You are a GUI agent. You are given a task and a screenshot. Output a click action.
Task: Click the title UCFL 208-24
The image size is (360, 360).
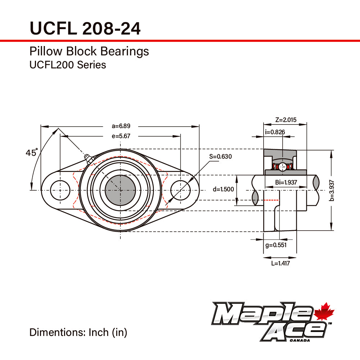[x=85, y=28]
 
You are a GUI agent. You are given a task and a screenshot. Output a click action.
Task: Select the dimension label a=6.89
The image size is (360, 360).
[x=121, y=126]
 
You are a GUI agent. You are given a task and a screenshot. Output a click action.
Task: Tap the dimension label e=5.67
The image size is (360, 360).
[x=121, y=136]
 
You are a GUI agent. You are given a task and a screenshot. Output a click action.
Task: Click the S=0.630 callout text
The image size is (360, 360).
[x=220, y=156]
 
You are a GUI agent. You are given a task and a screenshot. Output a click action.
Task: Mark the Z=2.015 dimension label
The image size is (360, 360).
[x=286, y=120]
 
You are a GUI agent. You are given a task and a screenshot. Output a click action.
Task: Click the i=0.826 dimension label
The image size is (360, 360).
[x=275, y=132]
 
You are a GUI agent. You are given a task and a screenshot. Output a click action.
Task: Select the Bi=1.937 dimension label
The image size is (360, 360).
[x=286, y=182]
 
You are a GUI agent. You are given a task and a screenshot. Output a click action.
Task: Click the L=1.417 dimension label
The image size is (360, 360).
[x=280, y=263]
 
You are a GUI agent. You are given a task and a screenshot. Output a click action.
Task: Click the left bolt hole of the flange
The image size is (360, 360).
[x=60, y=190]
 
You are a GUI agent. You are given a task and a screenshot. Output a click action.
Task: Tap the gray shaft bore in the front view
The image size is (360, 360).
[x=120, y=190]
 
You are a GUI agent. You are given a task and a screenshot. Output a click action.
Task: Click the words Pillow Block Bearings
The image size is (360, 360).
[x=89, y=51]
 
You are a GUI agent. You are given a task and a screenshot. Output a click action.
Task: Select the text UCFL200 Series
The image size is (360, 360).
[x=68, y=65]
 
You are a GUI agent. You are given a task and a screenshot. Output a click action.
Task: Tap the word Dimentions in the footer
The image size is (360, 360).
[x=57, y=332]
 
